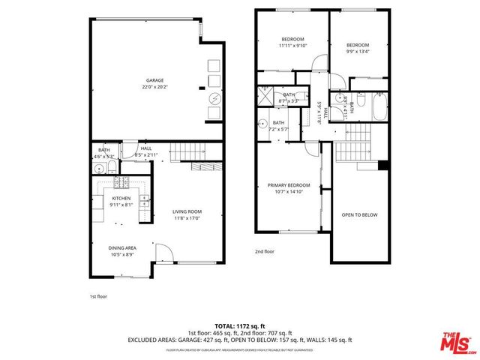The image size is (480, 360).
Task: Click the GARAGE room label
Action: tap(154, 80)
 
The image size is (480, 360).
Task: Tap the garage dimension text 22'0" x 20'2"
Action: tap(154, 88)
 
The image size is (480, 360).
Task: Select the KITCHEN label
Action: tap(121, 199)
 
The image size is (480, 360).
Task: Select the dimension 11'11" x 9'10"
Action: tap(292, 46)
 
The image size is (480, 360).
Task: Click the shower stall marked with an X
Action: tap(266, 95)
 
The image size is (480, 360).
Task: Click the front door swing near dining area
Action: tap(164, 253)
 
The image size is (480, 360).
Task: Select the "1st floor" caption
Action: tap(97, 296)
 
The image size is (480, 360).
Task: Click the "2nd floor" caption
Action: tap(265, 252)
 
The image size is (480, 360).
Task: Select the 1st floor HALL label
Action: tap(145, 148)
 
